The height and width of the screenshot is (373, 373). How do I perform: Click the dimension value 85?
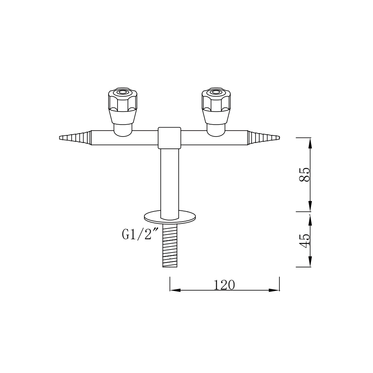[x=305, y=174]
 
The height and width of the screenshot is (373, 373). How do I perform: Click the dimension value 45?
[x=305, y=241]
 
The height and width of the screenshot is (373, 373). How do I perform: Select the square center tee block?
[x=169, y=137]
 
